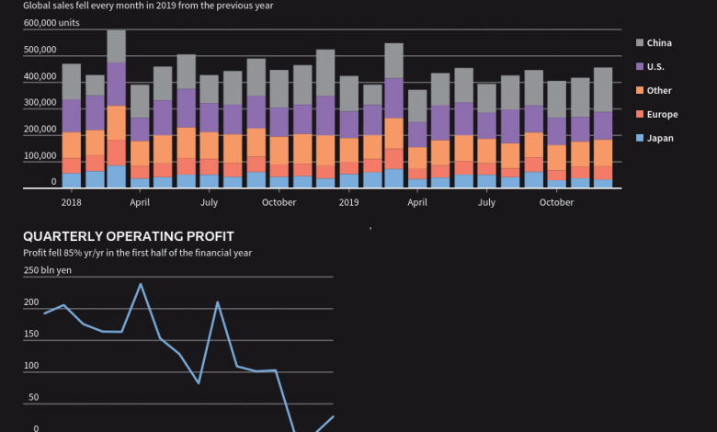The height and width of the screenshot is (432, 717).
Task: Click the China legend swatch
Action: click(640, 42)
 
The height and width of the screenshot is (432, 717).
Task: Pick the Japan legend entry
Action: click(659, 138)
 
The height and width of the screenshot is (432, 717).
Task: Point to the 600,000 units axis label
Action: click(51, 22)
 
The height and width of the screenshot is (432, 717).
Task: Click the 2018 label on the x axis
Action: click(71, 202)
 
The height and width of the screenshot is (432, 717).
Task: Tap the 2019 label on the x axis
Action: click(348, 202)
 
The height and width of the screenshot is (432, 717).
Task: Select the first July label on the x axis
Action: click(210, 202)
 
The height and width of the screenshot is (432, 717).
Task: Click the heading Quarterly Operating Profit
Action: click(128, 236)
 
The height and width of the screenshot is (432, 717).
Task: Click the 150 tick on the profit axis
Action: click(31, 334)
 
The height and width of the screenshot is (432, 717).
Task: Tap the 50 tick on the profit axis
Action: click(33, 397)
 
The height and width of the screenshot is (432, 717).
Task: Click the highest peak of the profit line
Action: click(140, 284)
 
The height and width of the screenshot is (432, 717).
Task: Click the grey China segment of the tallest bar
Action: click(116, 47)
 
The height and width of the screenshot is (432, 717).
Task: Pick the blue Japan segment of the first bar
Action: click(71, 180)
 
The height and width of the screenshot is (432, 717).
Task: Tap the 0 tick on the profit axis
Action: click(36, 428)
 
